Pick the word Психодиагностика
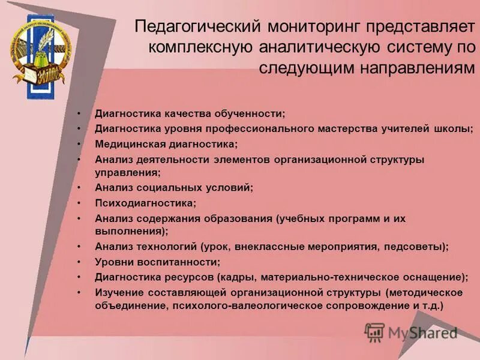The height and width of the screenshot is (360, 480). point(145,203)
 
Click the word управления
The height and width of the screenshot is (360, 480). point(126,172)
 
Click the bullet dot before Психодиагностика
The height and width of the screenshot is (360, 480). point(79,203)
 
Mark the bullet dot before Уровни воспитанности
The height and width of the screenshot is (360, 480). point(79,262)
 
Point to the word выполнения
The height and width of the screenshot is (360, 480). point(129,230)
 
